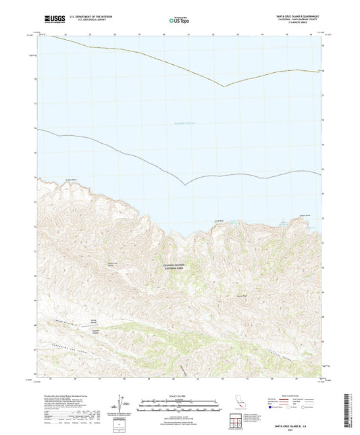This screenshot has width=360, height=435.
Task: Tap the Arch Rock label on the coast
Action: (x=220, y=220)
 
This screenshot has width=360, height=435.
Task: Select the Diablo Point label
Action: (x=304, y=216)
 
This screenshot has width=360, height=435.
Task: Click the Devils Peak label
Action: (x=241, y=295)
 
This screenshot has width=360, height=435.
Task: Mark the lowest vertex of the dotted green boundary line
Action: (x=224, y=86)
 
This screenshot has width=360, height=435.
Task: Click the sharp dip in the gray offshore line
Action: (x=184, y=184)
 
